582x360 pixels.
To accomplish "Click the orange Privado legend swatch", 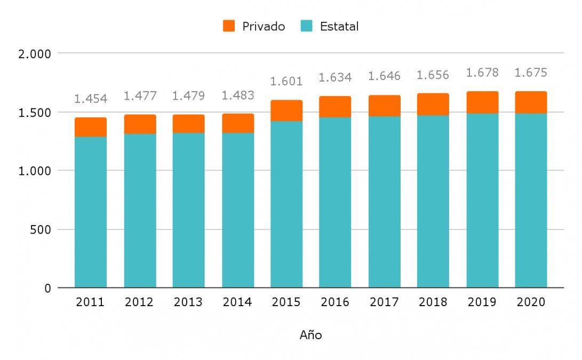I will click(x=229, y=26).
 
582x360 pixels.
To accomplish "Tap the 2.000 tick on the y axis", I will click(x=35, y=54).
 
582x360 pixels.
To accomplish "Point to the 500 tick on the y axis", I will click(x=41, y=230).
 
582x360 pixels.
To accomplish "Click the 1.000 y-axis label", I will click(x=35, y=171).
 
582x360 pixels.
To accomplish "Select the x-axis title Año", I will click(x=310, y=335).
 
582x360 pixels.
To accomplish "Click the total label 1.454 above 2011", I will click(x=91, y=99).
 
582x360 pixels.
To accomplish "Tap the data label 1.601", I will click(x=286, y=82).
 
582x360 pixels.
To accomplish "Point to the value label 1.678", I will click(x=482, y=73).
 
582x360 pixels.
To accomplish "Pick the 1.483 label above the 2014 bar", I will click(x=238, y=95).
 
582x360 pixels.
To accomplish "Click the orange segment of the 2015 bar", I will click(x=286, y=110).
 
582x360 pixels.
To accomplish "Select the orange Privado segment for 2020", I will click(x=531, y=102).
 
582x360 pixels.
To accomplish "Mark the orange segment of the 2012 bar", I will click(x=140, y=124).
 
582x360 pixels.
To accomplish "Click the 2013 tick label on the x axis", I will click(x=188, y=302).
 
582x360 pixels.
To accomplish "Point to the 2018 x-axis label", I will click(x=433, y=302).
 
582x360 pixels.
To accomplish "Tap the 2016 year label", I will click(x=335, y=302).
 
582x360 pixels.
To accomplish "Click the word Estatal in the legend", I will click(x=339, y=26).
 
